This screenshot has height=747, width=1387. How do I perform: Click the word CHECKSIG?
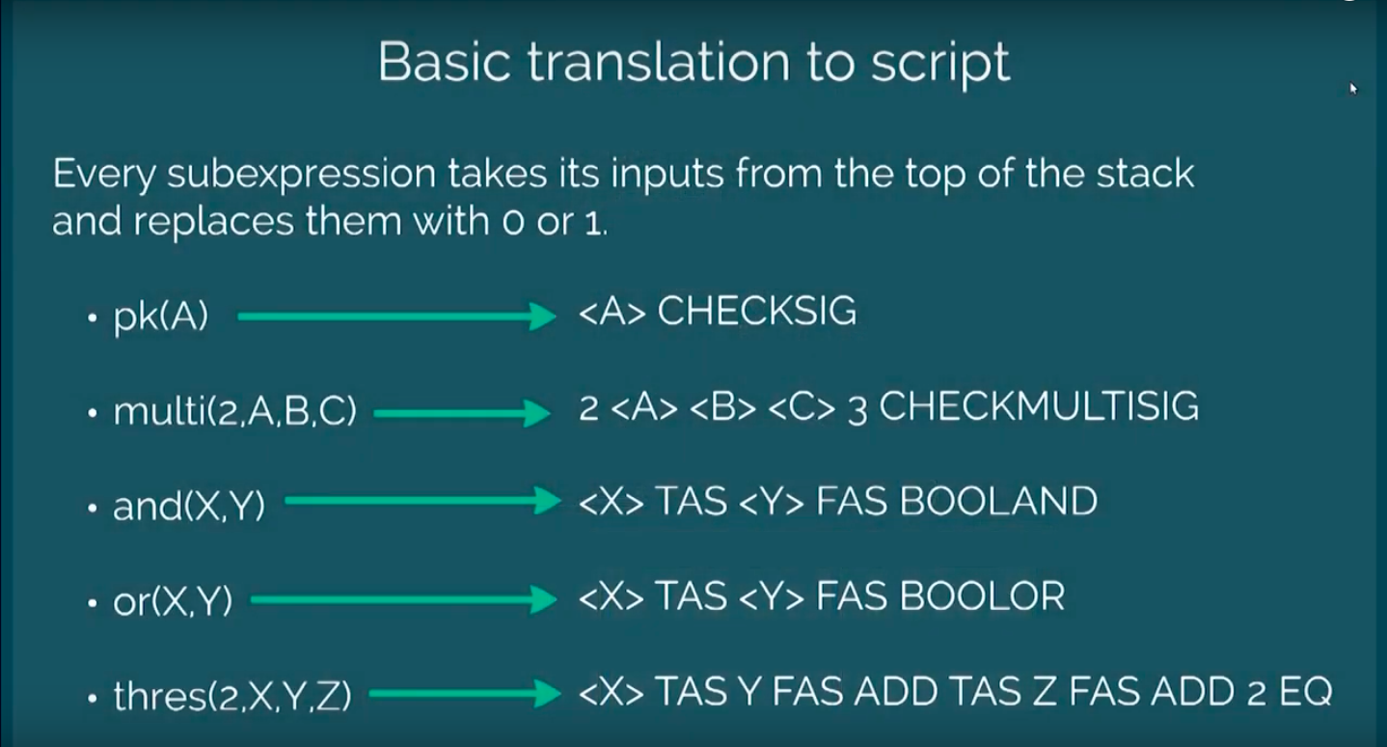(x=756, y=311)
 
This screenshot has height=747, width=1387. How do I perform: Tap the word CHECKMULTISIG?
(x=1039, y=407)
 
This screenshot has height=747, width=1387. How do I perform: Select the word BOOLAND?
(x=998, y=501)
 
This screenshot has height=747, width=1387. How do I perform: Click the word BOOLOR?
(x=982, y=595)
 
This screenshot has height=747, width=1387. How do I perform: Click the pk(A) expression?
(x=161, y=317)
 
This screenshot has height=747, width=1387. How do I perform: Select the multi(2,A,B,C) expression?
(x=235, y=411)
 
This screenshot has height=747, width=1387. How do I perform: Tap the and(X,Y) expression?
(x=189, y=506)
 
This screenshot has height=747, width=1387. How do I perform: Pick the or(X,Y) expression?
(x=173, y=600)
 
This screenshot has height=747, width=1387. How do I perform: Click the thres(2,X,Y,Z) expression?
(x=232, y=695)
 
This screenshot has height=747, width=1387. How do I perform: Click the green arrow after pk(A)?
(x=396, y=317)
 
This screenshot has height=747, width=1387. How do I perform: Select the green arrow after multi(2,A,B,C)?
(x=462, y=413)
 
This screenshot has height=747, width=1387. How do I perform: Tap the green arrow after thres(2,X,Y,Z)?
(x=465, y=693)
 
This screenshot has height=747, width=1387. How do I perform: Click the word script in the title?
(x=941, y=62)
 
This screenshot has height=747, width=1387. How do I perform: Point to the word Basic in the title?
(x=445, y=61)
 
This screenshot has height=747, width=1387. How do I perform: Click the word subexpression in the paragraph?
(x=302, y=174)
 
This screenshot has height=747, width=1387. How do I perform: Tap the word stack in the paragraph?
(x=1146, y=173)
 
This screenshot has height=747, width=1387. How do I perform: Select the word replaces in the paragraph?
(x=213, y=221)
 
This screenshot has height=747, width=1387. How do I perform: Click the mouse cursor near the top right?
(x=1353, y=89)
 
